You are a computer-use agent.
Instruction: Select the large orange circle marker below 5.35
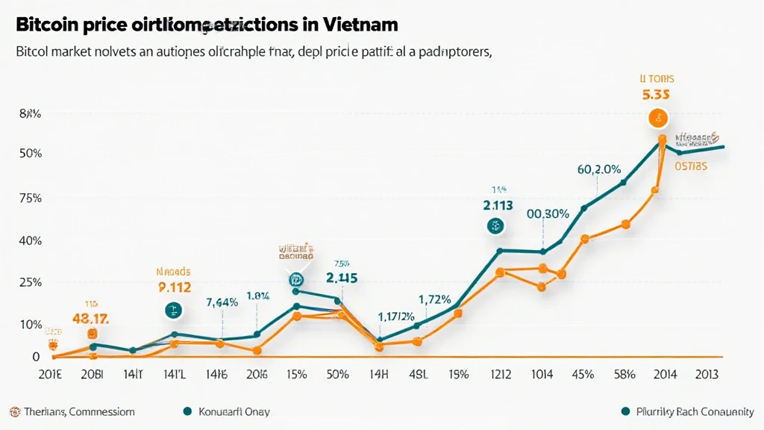(x=658, y=117)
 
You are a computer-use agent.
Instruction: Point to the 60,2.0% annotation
(x=599, y=169)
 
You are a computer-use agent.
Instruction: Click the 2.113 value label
(x=498, y=205)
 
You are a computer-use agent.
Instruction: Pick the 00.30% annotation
(x=548, y=213)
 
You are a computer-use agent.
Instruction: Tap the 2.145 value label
(x=342, y=277)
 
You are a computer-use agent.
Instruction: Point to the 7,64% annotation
(x=222, y=302)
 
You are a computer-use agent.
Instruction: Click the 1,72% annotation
(x=434, y=299)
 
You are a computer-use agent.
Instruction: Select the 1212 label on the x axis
(x=501, y=374)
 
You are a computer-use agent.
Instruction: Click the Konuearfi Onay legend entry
(x=226, y=411)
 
